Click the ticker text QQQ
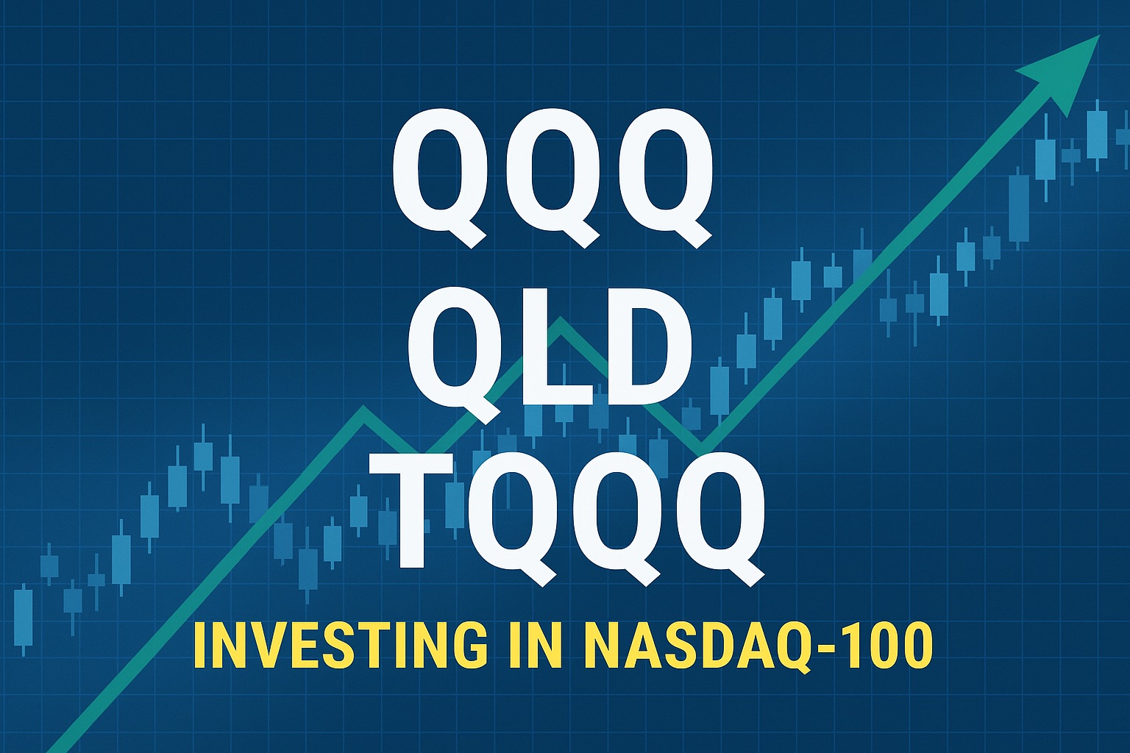click(x=552, y=176)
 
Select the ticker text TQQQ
click(x=565, y=515)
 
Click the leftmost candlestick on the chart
click(x=24, y=618)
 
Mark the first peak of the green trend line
click(x=362, y=410)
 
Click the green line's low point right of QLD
click(x=700, y=446)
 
